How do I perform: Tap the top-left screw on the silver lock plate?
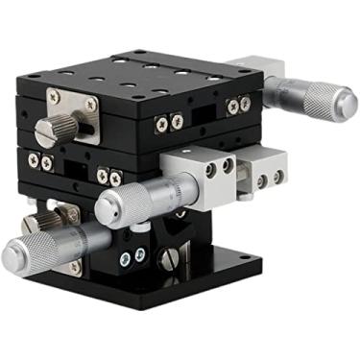(x=53, y=96)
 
